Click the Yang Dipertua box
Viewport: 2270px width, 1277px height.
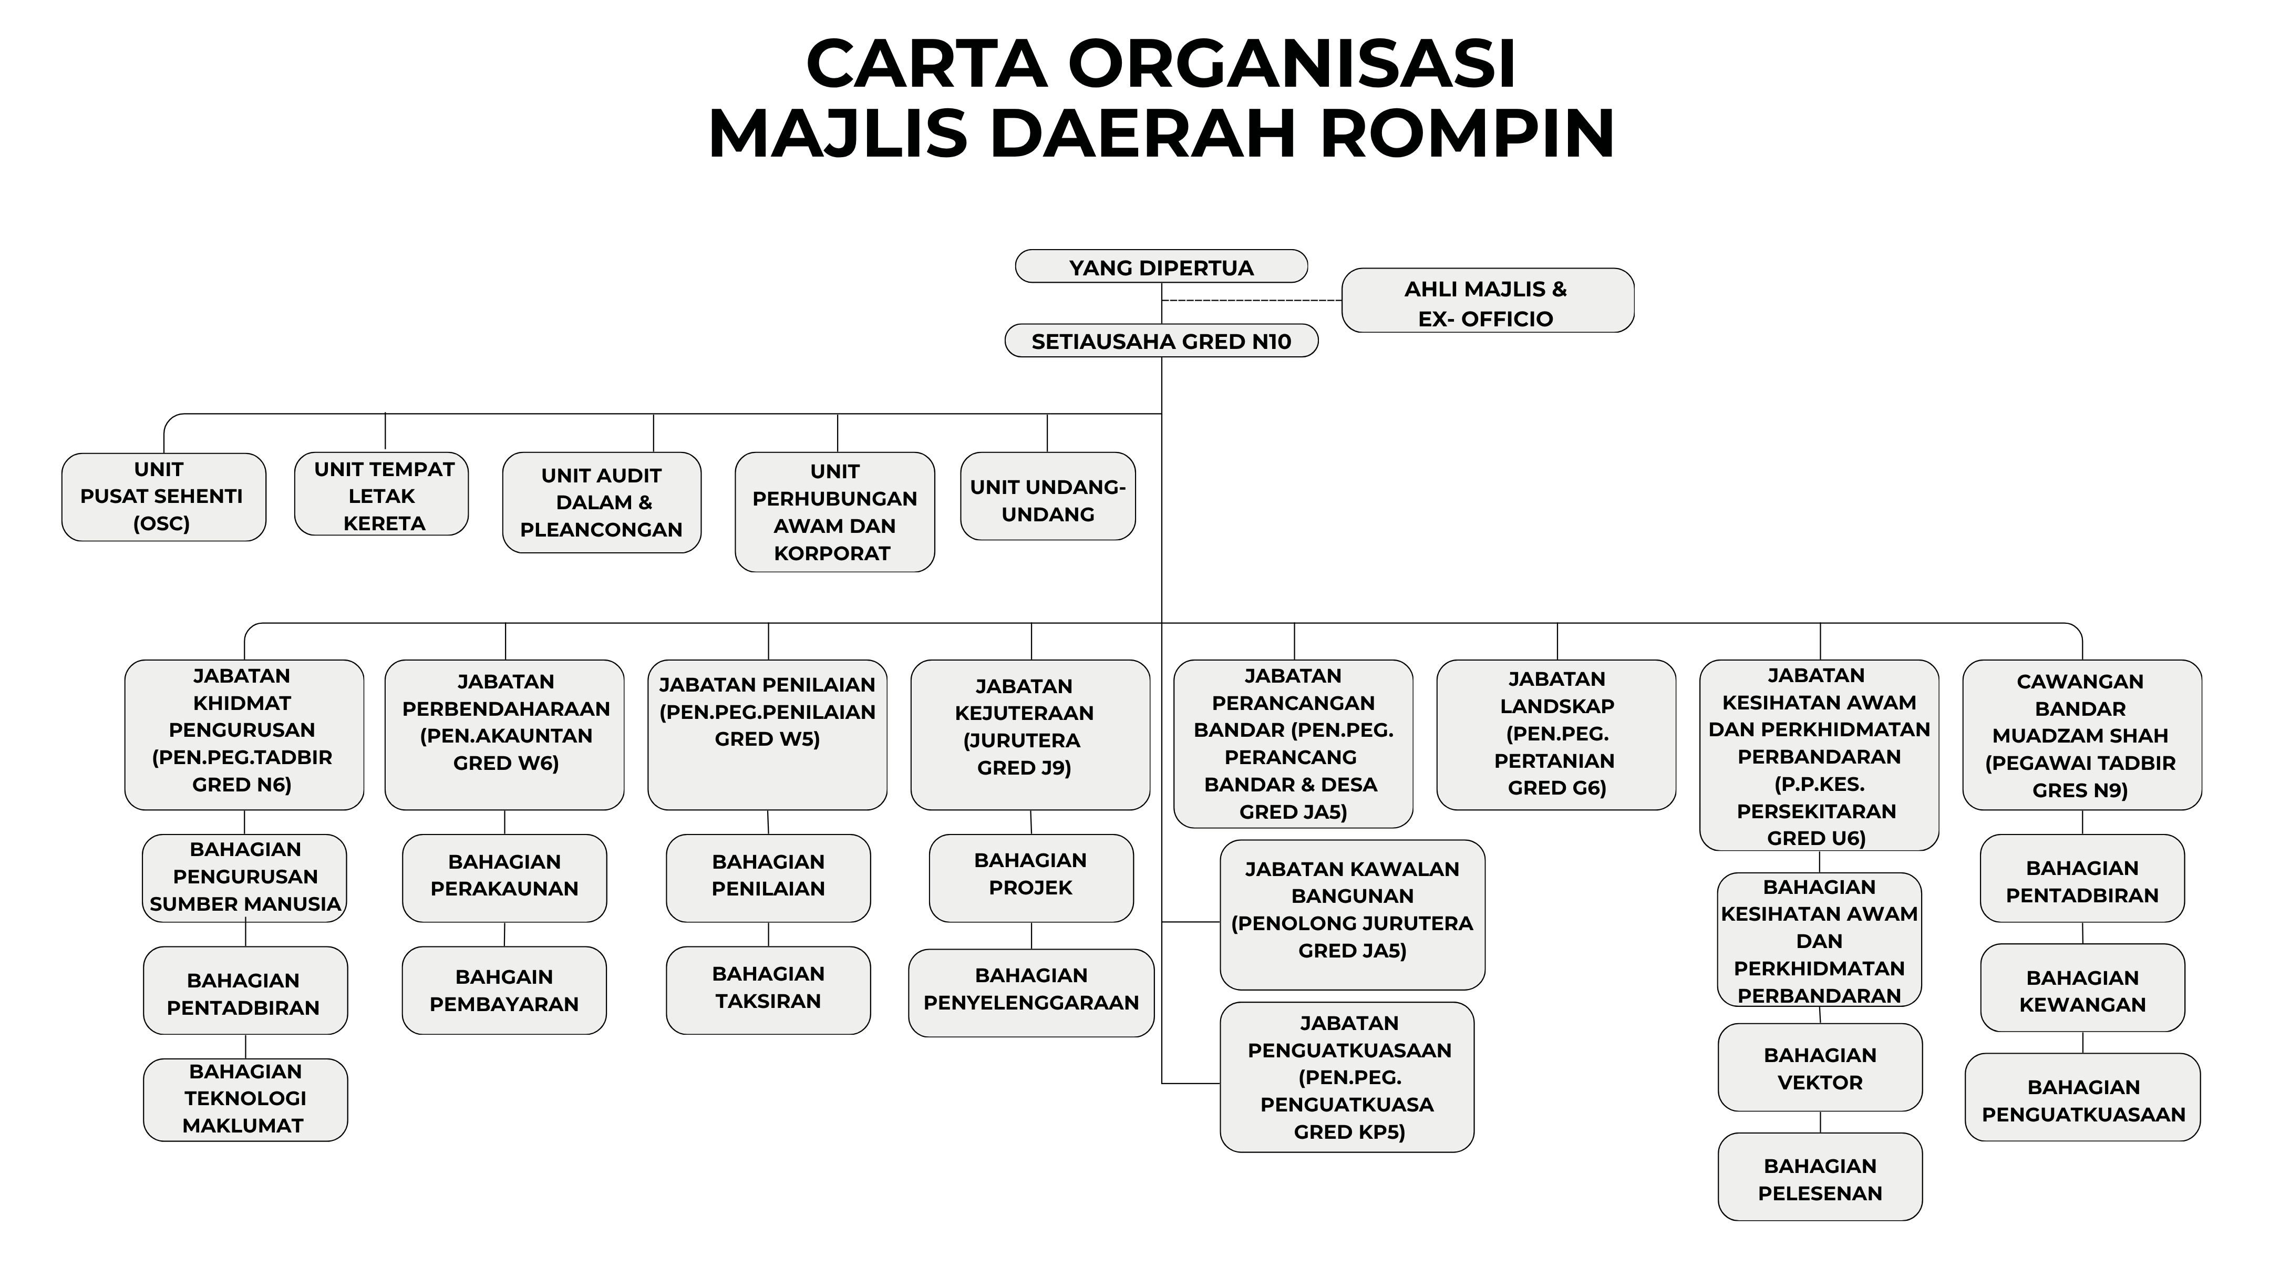tap(1161, 266)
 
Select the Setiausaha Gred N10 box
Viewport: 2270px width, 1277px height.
tap(1161, 341)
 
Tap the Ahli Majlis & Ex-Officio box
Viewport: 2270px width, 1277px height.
tap(1488, 301)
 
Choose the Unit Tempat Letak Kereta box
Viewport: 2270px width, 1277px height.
tap(381, 493)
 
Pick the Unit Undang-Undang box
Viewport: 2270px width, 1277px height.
tap(1048, 496)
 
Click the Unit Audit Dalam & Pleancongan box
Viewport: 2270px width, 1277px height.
tap(602, 502)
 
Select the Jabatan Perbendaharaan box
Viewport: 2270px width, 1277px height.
tap(505, 735)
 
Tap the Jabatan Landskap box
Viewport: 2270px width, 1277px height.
tap(1556, 735)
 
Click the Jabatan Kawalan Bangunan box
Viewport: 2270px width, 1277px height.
tap(1353, 915)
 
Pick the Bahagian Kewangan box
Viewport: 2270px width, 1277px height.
tap(2083, 988)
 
